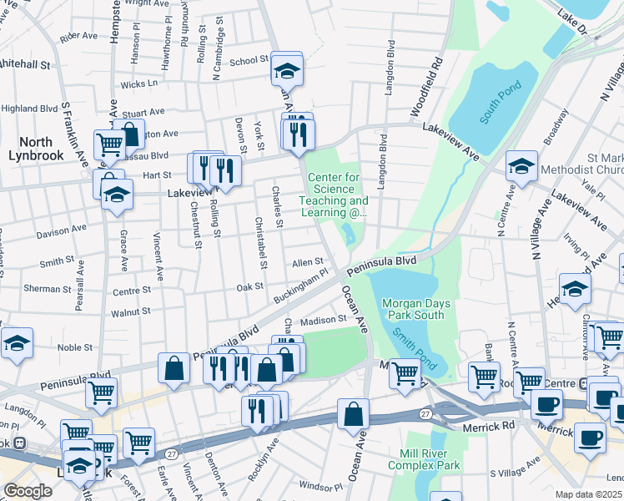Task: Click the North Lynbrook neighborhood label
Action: (x=30, y=149)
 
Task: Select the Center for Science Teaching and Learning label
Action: (x=338, y=195)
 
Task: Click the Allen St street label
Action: (x=307, y=262)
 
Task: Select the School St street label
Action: (x=249, y=61)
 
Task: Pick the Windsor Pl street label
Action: (x=316, y=485)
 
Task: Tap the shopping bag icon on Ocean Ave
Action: (x=353, y=414)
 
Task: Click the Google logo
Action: (x=28, y=491)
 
